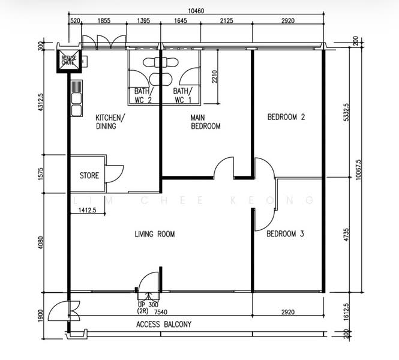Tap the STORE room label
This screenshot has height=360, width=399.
[x=89, y=176]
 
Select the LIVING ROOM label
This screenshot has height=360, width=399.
[x=155, y=234]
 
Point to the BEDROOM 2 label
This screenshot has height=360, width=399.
[x=286, y=117]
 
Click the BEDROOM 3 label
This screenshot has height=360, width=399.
[x=285, y=234]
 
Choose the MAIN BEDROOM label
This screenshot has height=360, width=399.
[x=206, y=122]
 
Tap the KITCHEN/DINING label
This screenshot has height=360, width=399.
[x=110, y=122]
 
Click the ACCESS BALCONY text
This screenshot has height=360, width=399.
[x=164, y=325]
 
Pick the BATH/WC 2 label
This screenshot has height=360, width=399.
[x=144, y=95]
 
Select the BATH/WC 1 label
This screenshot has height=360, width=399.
[x=183, y=95]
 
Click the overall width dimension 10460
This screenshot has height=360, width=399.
[x=196, y=11]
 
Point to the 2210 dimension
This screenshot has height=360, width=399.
[x=214, y=77]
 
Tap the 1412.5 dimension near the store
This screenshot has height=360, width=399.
[x=87, y=210]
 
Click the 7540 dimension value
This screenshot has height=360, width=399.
[x=161, y=312]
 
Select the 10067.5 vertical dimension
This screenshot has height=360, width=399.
[x=358, y=170]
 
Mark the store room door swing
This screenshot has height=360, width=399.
[x=114, y=174]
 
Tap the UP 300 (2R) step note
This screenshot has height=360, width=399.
[x=148, y=308]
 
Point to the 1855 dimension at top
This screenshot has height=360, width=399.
[x=104, y=20]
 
